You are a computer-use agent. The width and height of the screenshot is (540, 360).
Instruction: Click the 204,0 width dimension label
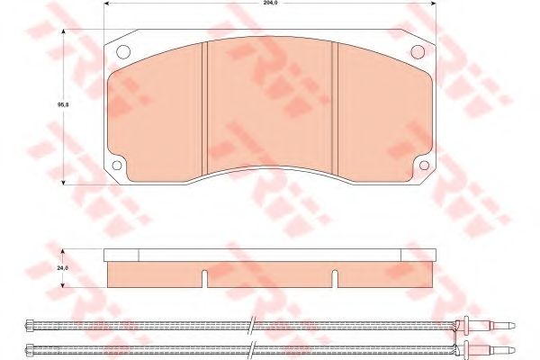(x=268, y=4)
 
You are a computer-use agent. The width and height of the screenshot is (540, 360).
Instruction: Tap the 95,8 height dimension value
(x=62, y=104)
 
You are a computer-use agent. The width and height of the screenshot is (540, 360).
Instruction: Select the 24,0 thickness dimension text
(x=62, y=267)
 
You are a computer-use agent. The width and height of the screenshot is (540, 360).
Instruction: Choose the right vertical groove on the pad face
(x=335, y=112)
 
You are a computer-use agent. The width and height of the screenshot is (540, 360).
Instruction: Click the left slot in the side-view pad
(x=205, y=279)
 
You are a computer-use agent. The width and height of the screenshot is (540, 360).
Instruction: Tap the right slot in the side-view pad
(x=335, y=279)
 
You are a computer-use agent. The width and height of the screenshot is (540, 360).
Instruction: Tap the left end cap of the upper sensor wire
(x=33, y=325)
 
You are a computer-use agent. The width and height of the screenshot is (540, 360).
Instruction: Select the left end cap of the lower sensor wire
(x=33, y=348)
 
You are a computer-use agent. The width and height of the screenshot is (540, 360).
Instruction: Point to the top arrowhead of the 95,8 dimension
(x=62, y=32)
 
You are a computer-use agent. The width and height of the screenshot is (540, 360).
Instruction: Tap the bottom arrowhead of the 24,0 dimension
(x=62, y=287)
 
